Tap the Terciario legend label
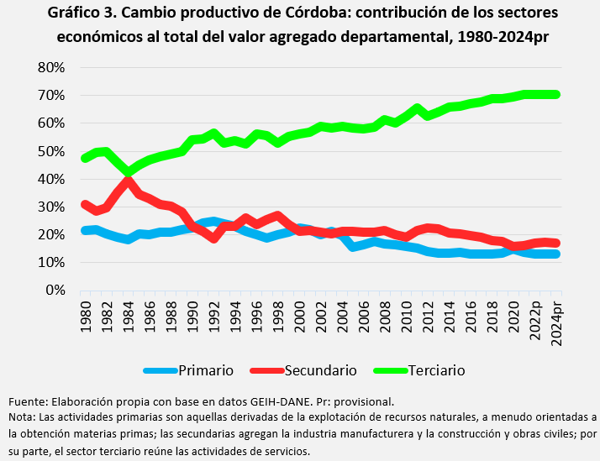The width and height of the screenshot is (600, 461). pos(436,370)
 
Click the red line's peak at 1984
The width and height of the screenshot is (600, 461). pos(128,182)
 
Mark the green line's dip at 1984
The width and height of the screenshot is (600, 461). pos(128,173)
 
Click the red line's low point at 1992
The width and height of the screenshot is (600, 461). pos(213,238)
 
